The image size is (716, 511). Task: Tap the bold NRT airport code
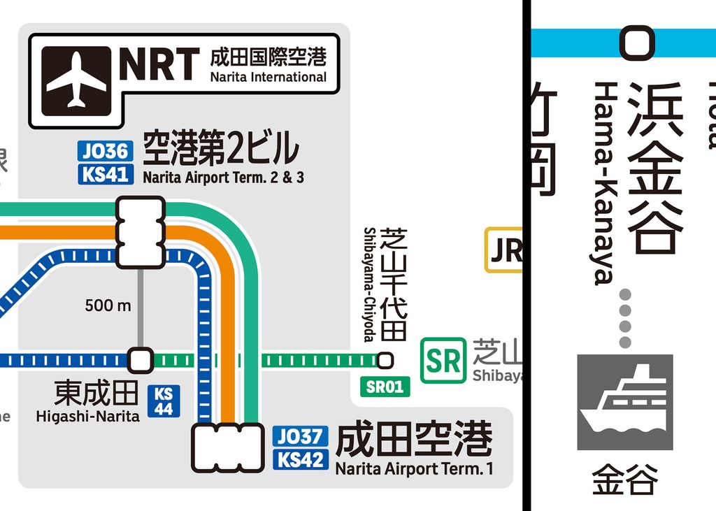[159, 65]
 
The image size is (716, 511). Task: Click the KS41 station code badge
[105, 174]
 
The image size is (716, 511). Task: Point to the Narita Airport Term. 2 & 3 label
[223, 178]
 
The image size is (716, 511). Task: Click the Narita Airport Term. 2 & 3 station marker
[141, 232]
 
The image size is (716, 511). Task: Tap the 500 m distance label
[108, 305]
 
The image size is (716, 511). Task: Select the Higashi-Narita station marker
[141, 361]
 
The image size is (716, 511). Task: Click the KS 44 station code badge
[164, 401]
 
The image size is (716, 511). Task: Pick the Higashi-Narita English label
[87, 417]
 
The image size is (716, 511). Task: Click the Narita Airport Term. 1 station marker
[227, 447]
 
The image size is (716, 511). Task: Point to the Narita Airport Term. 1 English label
[414, 468]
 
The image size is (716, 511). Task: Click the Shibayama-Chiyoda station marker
[385, 361]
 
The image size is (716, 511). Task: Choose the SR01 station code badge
[385, 387]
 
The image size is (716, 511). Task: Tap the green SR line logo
[443, 361]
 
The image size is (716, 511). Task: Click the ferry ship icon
[624, 402]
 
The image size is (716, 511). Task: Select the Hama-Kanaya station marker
[636, 43]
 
